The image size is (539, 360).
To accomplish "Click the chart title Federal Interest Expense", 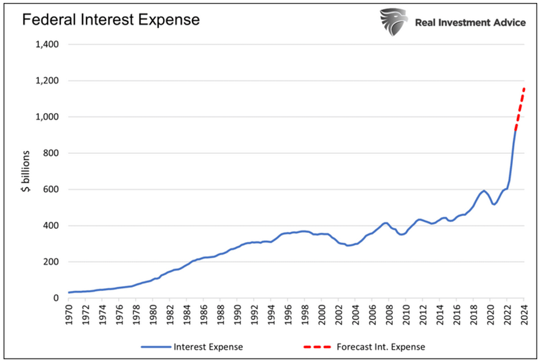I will point(111,20).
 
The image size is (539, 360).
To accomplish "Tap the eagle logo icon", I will point(393,22).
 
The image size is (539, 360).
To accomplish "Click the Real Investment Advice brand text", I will point(471,23).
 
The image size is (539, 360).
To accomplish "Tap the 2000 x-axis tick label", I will point(322,314).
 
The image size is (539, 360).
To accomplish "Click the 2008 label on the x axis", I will point(389,314).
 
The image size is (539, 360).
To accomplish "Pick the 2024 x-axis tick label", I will point(524,314).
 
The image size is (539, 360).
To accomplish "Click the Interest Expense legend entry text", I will point(208,347).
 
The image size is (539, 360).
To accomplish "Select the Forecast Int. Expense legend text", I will point(381,347).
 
